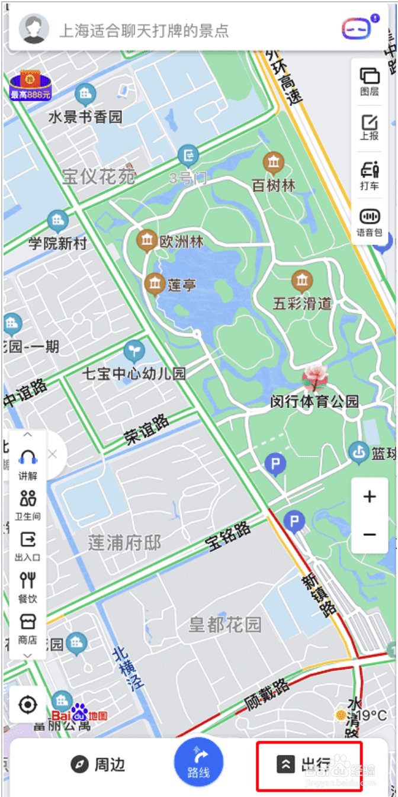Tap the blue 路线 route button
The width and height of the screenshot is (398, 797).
pos(198,761)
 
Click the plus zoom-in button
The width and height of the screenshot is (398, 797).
pos(370,497)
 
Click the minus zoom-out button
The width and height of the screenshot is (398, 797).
pos(370,535)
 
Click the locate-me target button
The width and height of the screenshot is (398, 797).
pos(28,705)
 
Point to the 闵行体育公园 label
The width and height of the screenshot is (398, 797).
pos(314,401)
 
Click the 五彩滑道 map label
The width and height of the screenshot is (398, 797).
pos(302,304)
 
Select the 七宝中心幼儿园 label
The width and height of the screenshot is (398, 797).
pos(134,373)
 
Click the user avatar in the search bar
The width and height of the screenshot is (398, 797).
pos(33,29)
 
